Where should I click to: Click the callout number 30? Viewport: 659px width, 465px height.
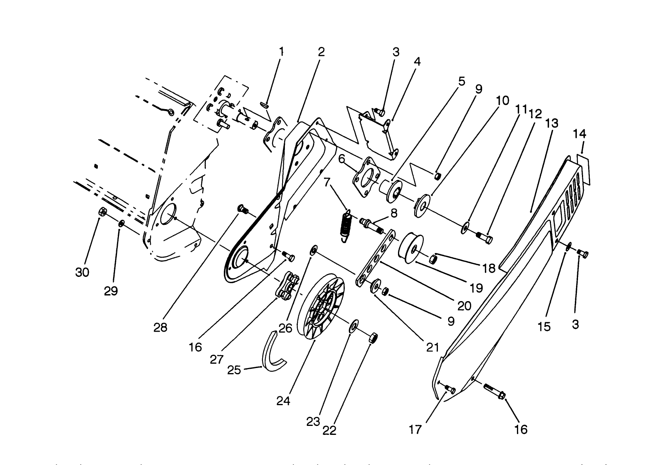click(x=82, y=272)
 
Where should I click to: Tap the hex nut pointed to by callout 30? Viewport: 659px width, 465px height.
click(x=102, y=212)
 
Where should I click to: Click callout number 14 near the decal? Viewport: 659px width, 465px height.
click(x=579, y=134)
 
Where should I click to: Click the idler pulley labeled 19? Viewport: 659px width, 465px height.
click(x=410, y=245)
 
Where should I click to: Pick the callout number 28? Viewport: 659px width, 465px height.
click(x=160, y=327)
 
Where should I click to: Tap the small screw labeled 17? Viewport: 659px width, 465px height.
click(x=449, y=388)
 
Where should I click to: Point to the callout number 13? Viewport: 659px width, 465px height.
click(x=552, y=123)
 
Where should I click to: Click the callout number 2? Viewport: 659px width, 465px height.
click(x=321, y=52)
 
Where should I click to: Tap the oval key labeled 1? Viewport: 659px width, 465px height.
click(x=265, y=104)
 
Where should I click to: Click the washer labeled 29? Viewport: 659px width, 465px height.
click(x=121, y=223)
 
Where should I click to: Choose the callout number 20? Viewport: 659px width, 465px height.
click(x=464, y=305)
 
